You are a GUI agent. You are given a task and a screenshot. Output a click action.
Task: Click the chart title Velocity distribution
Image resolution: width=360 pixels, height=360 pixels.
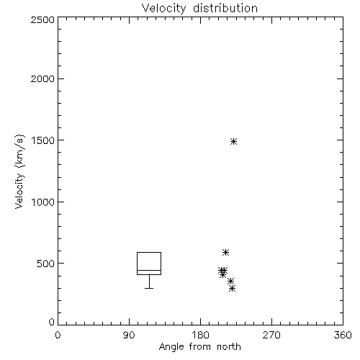point(199,9)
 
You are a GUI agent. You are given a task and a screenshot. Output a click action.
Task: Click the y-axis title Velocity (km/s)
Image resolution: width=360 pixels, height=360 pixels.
point(19,171)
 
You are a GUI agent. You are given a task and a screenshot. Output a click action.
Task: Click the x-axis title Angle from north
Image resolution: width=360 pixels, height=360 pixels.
point(199,347)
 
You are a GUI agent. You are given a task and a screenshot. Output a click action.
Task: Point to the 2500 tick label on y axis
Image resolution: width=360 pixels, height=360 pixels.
point(42,19)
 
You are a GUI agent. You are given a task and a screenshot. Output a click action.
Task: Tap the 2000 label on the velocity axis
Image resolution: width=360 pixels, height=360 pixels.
point(42,78)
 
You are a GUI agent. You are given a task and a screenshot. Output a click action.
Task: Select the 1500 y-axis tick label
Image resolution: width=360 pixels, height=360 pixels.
point(43,140)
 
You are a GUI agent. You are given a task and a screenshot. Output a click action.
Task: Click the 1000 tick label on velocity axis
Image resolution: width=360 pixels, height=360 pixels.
point(43,202)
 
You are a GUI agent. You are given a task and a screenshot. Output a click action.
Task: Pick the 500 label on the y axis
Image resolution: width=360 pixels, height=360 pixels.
point(46,264)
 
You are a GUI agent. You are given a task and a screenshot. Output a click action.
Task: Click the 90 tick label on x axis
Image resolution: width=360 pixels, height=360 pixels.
point(129,335)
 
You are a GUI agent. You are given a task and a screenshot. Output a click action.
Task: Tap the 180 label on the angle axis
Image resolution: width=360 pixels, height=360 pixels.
point(200,335)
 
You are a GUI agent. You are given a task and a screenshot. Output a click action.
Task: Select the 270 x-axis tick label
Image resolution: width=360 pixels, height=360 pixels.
point(271,335)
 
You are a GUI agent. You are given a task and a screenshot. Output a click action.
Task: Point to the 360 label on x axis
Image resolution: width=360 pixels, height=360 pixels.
point(343,335)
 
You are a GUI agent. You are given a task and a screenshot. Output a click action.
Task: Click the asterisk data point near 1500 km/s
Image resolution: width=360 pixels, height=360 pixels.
point(233,141)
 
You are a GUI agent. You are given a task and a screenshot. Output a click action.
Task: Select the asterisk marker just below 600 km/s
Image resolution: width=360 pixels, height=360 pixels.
point(225,252)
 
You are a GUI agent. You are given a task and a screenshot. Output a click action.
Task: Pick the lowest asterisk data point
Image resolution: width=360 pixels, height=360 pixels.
point(232,288)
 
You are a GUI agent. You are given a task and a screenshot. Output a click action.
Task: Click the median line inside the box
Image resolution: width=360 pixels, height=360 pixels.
point(149,270)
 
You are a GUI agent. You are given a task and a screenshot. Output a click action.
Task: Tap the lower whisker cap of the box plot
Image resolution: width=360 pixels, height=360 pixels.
point(149,288)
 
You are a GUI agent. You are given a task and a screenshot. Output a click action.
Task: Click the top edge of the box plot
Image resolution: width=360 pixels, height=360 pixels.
point(149,252)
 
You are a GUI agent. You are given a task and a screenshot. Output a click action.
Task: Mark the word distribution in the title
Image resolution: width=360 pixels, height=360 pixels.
point(225,9)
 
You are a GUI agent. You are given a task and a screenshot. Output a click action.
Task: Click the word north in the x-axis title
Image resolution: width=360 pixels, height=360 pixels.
point(229,347)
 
